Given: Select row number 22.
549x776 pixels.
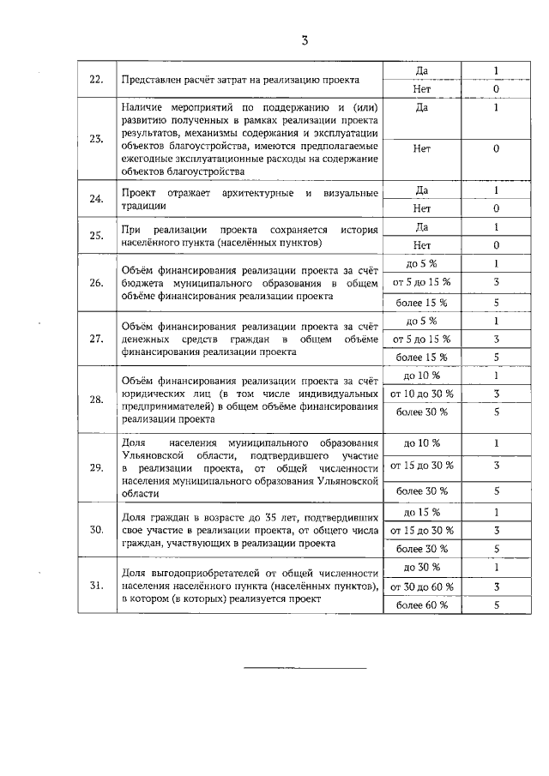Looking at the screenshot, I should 97,80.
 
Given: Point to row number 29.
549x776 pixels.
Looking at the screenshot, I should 97,467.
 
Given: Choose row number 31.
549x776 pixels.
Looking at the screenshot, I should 97,587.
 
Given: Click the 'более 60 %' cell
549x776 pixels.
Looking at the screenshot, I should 421,605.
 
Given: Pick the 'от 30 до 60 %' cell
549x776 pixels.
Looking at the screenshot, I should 421,587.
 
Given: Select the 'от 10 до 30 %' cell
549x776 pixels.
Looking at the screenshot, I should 421,394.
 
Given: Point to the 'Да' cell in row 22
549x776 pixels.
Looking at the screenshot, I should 421,70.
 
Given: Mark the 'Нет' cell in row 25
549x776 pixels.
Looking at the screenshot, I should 421,245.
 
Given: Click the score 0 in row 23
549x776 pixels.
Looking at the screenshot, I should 496,148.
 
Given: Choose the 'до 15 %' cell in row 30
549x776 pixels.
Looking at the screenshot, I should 421,513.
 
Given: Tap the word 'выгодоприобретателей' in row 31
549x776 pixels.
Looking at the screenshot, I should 214,573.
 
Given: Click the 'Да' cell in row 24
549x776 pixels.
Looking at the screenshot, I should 421,189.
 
